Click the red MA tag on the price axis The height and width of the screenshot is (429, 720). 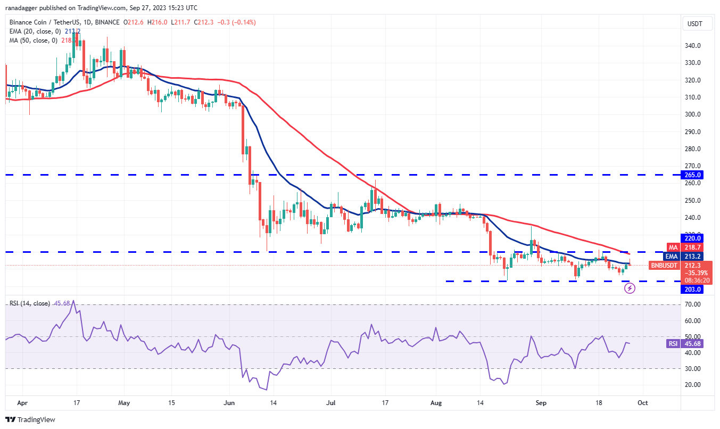click(x=673, y=248)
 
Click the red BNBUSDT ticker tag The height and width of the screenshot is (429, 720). click(x=664, y=265)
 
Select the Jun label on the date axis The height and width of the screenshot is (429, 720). click(x=229, y=403)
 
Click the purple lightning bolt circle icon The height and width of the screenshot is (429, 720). click(x=630, y=288)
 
